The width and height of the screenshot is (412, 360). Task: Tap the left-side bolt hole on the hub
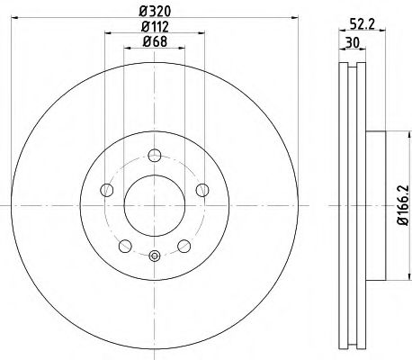106,190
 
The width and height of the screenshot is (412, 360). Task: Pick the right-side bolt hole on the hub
202,190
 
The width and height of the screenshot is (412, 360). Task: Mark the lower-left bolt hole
124,245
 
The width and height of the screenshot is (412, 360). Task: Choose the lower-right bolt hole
184,245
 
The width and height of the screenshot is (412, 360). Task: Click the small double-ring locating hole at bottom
154,255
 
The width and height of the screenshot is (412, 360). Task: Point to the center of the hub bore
154,207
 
